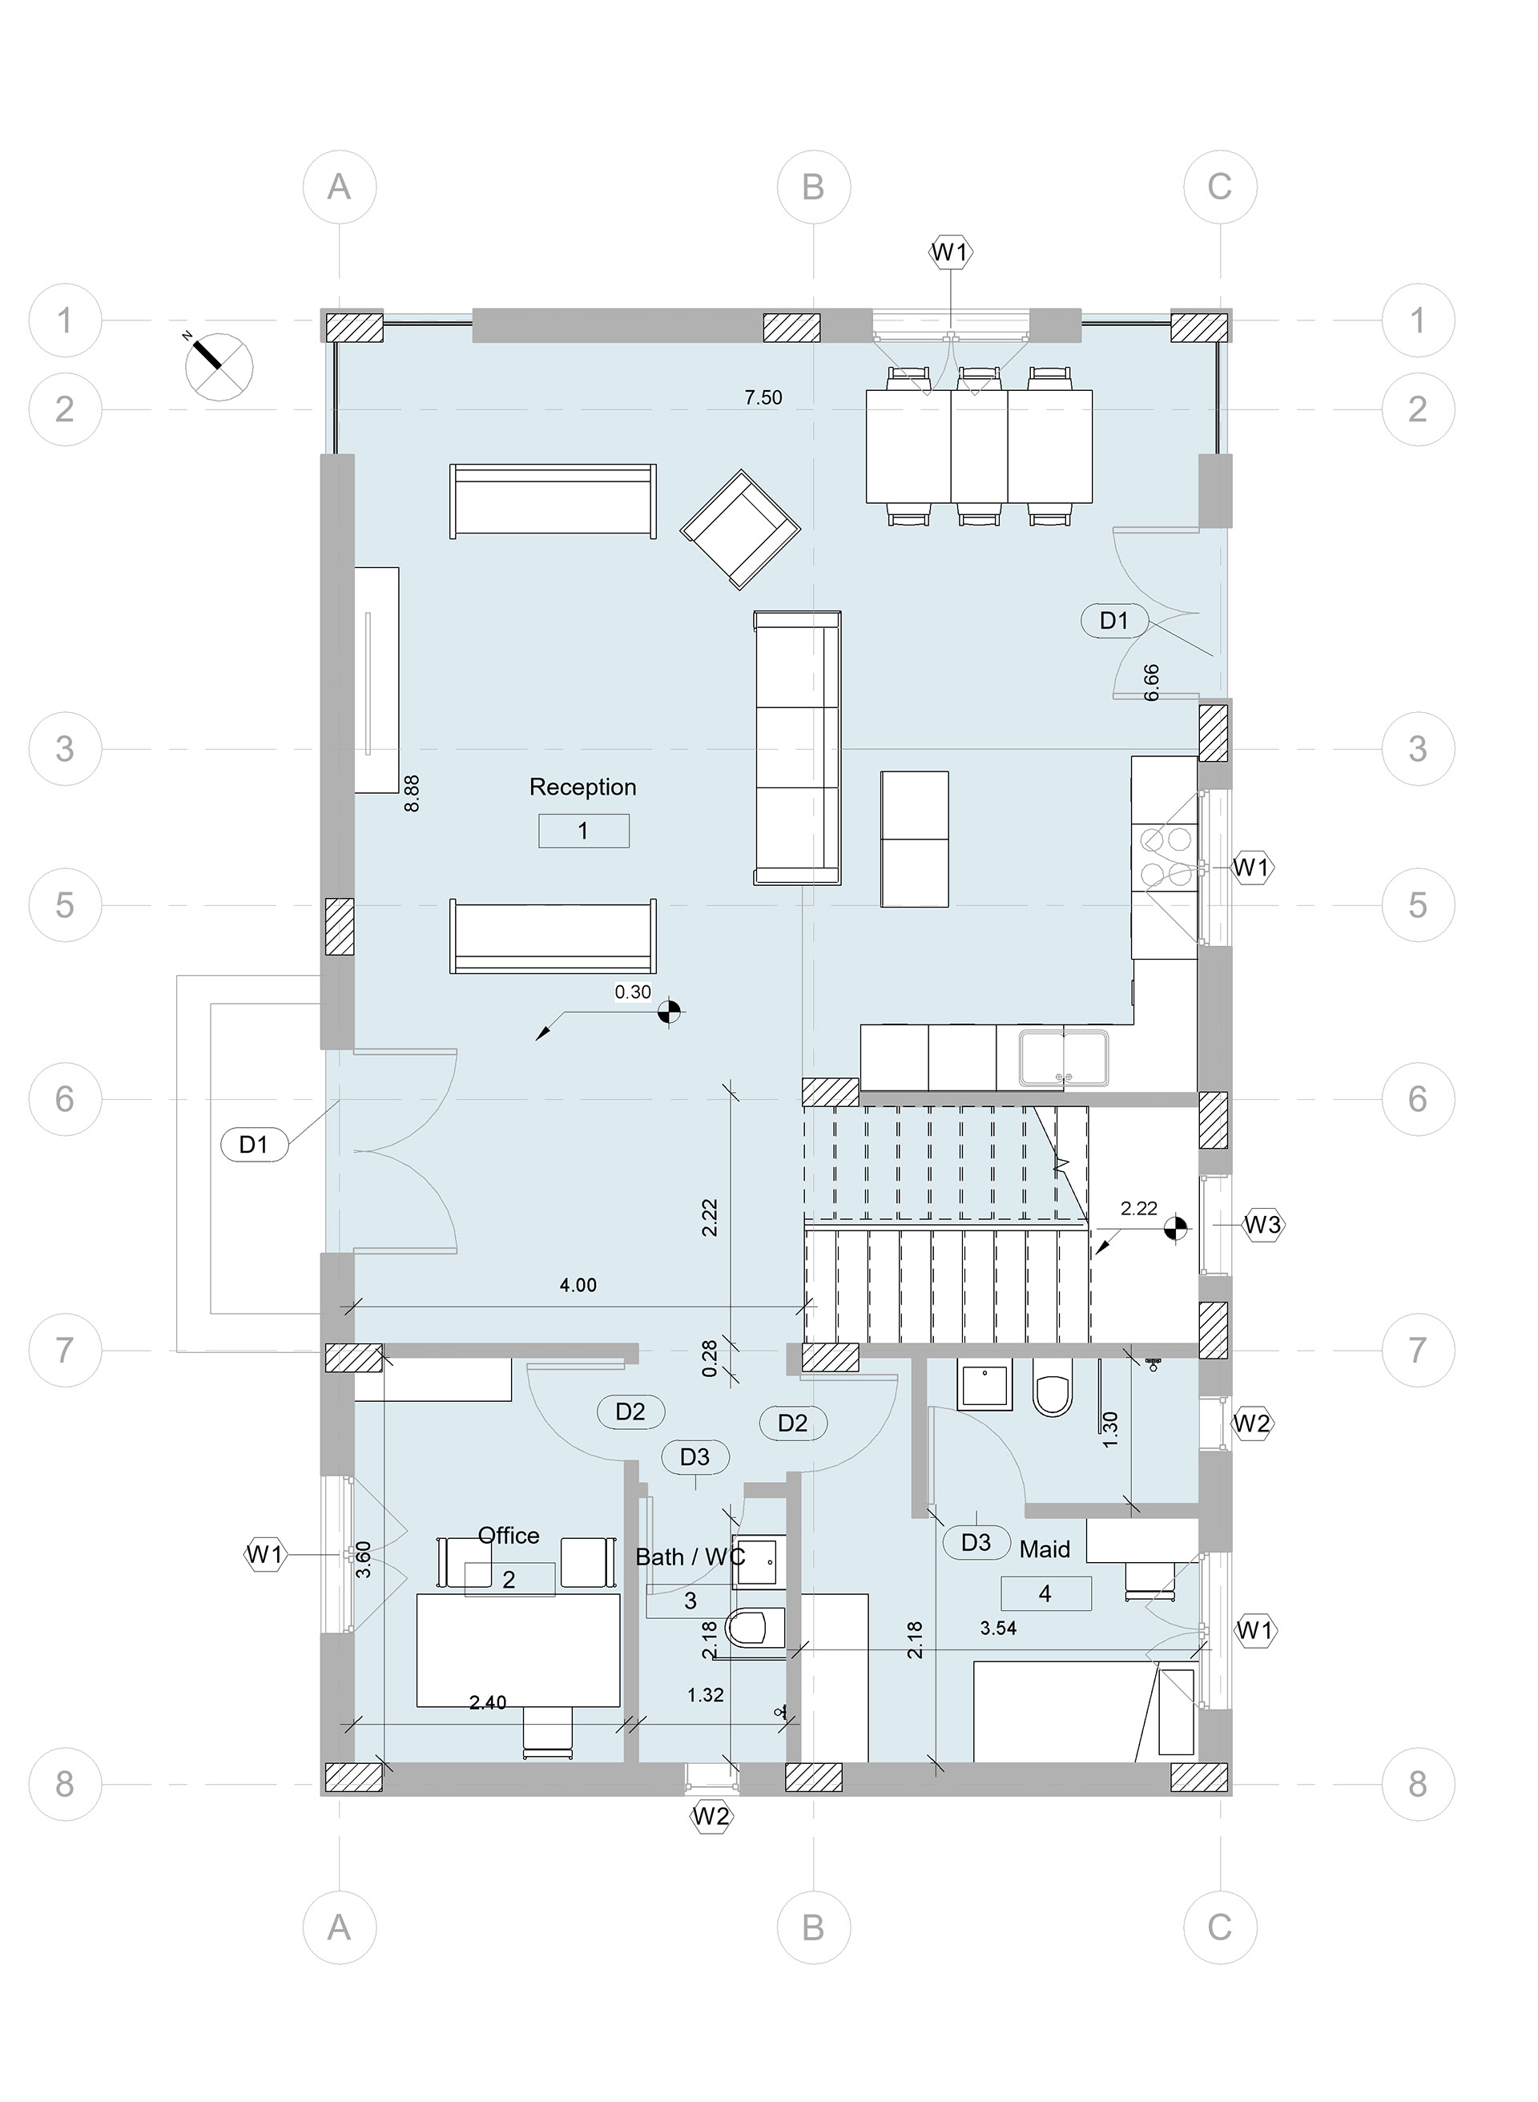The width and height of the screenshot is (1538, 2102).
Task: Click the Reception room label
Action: tap(583, 787)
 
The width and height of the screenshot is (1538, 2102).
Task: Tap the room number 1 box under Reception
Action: tap(584, 831)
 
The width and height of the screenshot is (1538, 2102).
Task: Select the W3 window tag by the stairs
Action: tap(1262, 1225)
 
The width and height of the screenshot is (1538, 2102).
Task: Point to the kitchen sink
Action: tap(1063, 1057)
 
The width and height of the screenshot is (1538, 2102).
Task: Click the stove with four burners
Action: tap(1165, 856)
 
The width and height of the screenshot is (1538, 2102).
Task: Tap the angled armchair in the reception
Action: tap(740, 530)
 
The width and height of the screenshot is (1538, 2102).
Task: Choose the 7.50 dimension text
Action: tap(763, 397)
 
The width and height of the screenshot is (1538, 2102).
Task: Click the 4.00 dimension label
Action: tap(578, 1285)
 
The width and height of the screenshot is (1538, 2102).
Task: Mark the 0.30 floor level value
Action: tap(633, 993)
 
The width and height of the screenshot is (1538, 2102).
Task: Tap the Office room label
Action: tap(509, 1535)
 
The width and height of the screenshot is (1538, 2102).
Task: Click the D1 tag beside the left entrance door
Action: tap(254, 1144)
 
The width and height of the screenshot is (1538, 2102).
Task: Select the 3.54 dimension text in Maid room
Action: tap(998, 1628)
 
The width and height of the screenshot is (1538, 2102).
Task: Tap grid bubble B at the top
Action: tap(814, 187)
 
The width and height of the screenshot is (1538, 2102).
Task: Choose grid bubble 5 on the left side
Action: tap(64, 905)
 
